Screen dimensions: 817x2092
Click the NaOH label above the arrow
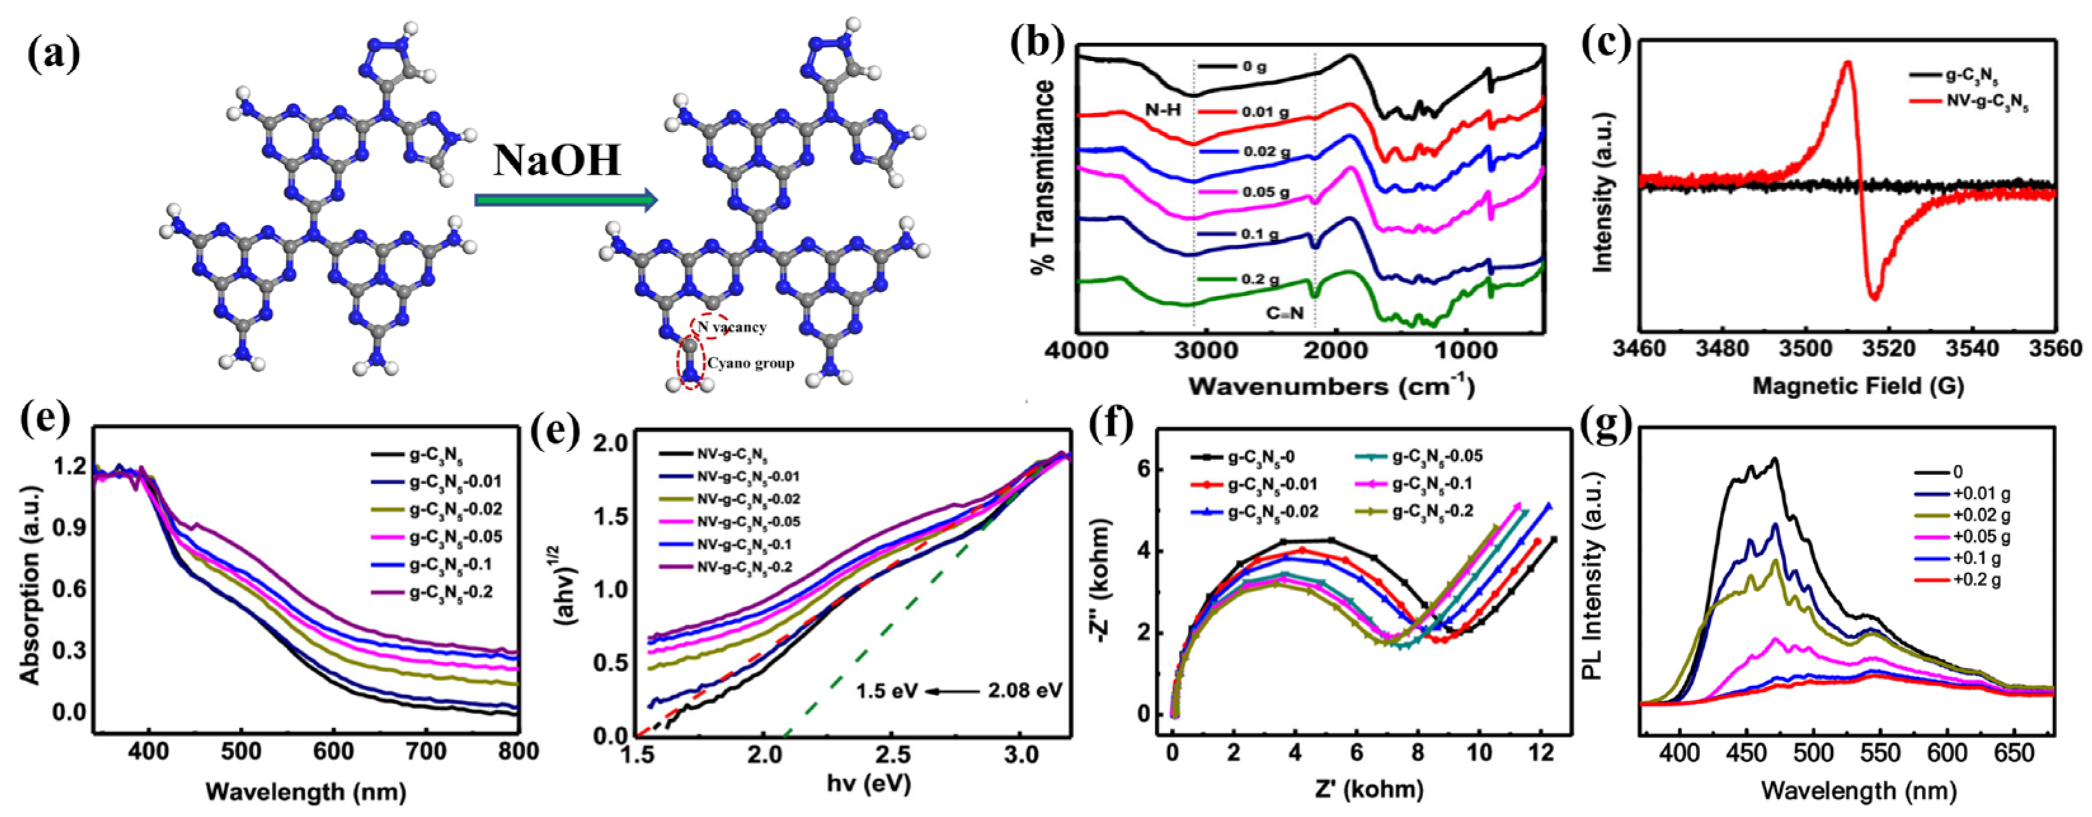click(x=557, y=160)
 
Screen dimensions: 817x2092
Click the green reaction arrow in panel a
click(x=565, y=199)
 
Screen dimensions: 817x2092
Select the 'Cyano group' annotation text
click(x=749, y=363)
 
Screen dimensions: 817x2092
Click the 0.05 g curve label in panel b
click(x=1265, y=192)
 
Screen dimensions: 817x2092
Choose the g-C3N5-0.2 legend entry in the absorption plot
click(x=452, y=592)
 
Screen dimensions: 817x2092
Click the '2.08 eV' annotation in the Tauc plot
click(x=1026, y=691)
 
